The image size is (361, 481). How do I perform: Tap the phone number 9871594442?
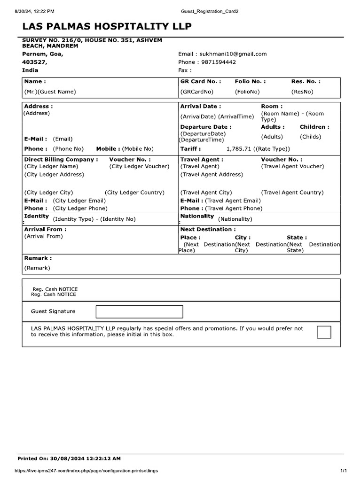point(218,62)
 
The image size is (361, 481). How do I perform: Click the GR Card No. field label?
point(200,81)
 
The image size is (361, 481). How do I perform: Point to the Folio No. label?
point(250,81)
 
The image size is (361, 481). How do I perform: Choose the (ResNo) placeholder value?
point(302,92)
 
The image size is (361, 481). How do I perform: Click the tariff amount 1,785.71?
point(239,149)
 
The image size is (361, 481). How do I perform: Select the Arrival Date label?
point(200,107)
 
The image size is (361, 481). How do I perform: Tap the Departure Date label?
point(205,127)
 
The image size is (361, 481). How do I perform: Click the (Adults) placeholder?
point(272,137)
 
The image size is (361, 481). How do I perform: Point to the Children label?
point(314,127)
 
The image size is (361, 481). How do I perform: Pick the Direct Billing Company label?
point(61,160)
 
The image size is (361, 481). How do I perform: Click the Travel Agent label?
point(202,160)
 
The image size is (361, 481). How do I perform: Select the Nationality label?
point(197,216)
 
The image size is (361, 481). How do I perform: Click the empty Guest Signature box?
point(139,311)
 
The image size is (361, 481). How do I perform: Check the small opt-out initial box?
point(324,332)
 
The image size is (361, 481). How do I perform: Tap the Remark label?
point(38,258)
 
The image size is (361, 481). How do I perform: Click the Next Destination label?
point(208,230)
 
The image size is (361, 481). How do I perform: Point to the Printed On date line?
point(69,458)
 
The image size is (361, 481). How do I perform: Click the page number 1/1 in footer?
point(343,471)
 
